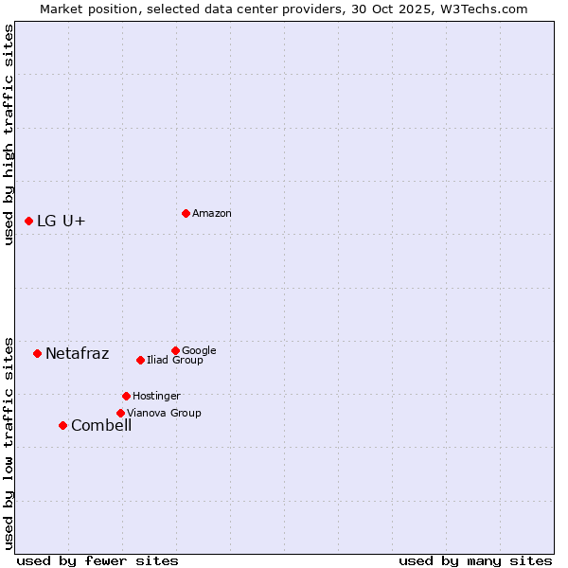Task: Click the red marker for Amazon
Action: [186, 213]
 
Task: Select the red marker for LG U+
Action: [28, 221]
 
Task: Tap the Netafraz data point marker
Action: [37, 353]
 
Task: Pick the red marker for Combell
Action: [62, 425]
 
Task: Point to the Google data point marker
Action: [175, 350]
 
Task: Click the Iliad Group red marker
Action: [140, 360]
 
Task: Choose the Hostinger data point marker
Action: [126, 396]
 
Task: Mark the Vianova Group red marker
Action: [120, 413]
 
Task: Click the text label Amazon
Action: [212, 214]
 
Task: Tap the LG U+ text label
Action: [62, 222]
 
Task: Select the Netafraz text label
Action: [78, 354]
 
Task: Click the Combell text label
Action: [101, 426]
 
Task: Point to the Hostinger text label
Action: [156, 397]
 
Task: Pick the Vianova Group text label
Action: [164, 414]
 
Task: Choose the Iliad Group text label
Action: [175, 361]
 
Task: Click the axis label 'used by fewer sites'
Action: [98, 560]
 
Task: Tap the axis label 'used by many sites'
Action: [475, 560]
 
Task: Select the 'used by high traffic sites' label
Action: [9, 134]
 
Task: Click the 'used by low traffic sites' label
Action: [9, 442]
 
